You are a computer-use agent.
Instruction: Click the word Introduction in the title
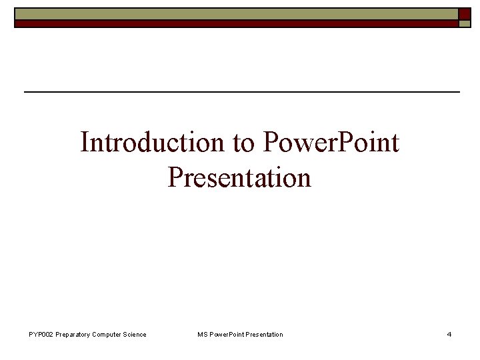tap(153, 142)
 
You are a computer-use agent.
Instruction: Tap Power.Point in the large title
tap(331, 142)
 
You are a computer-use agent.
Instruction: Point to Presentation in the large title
tap(239, 177)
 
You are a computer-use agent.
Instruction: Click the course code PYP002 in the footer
tap(42, 334)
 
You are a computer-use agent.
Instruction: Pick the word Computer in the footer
tap(107, 334)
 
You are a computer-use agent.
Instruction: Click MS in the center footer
tap(202, 334)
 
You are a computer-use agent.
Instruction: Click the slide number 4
tap(449, 334)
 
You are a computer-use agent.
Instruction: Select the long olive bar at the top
tap(236, 14)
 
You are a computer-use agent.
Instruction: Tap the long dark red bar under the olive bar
tap(236, 23)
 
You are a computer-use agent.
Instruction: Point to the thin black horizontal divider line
tap(241, 91)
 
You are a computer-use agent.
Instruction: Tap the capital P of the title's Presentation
tap(175, 177)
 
